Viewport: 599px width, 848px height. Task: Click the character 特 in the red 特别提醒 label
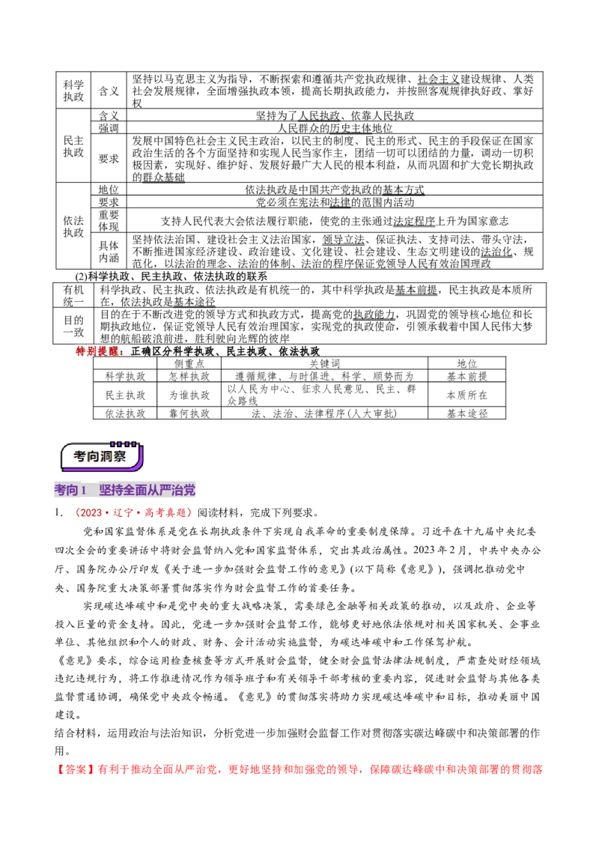coord(81,351)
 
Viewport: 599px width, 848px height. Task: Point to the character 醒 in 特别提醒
coord(115,351)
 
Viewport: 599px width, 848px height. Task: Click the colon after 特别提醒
coord(125,351)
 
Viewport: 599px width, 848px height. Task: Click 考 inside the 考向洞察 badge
coord(80,457)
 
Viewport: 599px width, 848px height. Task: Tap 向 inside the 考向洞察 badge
coord(94,457)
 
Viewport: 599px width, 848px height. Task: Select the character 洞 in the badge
coord(107,457)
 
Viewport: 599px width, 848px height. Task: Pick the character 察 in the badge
coord(121,457)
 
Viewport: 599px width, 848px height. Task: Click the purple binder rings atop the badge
coord(124,443)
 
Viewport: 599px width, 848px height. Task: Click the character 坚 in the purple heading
coord(106,491)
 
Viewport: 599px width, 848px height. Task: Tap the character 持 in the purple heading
coord(118,491)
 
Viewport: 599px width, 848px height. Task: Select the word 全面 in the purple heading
coord(138,491)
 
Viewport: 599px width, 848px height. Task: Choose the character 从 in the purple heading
coord(158,491)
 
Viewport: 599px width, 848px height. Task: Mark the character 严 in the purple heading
coord(170,491)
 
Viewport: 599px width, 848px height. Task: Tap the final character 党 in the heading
coord(191,491)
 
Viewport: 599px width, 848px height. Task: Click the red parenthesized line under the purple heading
coord(133,513)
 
